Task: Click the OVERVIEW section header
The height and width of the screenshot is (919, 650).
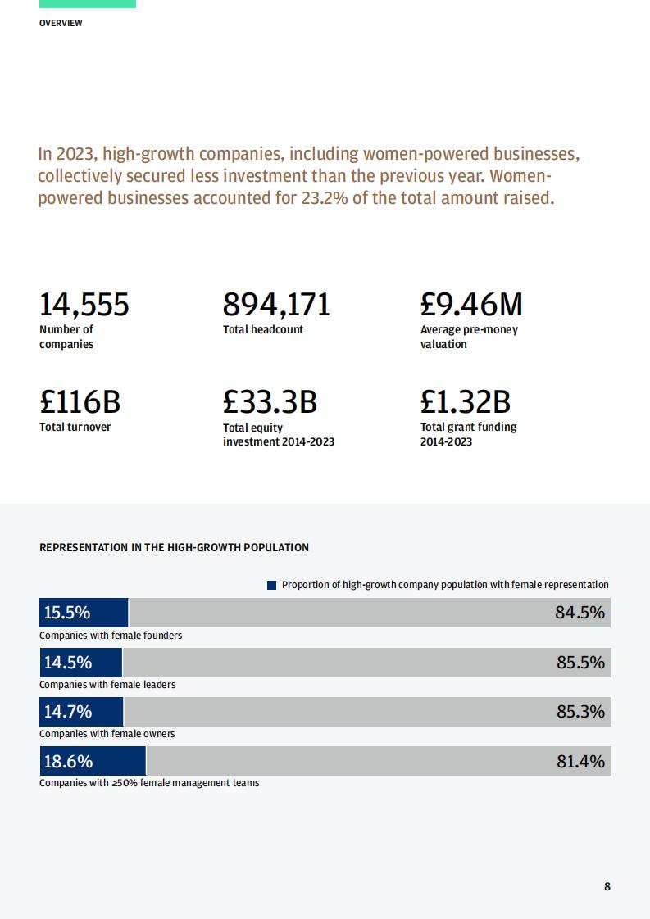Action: (61, 23)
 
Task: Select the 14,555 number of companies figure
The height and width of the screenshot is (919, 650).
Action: (84, 305)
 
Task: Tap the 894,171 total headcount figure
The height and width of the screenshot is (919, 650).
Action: (276, 305)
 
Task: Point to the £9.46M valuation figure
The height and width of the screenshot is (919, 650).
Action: (471, 304)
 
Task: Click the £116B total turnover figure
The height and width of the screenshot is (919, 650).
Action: (80, 401)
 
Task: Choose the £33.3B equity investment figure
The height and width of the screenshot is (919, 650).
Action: (270, 401)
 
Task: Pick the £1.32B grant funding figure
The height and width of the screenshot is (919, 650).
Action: (466, 401)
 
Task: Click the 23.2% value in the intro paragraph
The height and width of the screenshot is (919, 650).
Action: (325, 197)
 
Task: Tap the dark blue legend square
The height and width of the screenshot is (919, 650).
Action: (271, 585)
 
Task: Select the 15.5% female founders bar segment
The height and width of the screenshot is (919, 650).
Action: (84, 613)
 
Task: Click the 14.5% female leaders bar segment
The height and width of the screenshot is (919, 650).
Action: (81, 663)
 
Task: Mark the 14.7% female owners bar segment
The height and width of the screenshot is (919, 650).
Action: (81, 712)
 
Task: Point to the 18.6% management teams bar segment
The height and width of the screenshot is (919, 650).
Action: (93, 761)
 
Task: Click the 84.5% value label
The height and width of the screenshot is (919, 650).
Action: (580, 613)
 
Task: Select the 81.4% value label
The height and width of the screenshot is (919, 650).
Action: (580, 762)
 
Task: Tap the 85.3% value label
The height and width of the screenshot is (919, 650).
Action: (580, 712)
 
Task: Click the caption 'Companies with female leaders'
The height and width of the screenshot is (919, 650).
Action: (107, 685)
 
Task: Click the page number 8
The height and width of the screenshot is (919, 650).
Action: (607, 886)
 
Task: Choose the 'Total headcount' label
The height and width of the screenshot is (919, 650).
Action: (263, 329)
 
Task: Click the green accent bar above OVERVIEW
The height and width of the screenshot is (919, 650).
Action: (88, 4)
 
